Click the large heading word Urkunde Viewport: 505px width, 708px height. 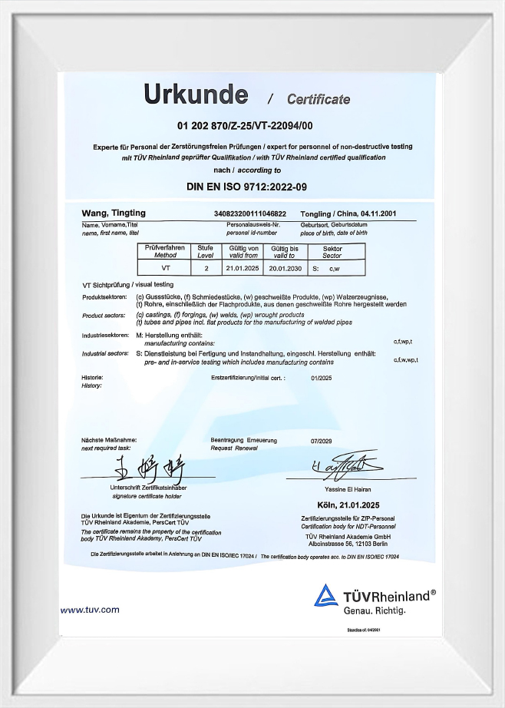[196, 94]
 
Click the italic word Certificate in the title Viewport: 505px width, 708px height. [318, 99]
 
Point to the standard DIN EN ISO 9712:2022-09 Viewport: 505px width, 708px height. [246, 186]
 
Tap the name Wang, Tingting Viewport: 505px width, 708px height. [114, 213]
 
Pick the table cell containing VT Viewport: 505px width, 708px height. [165, 268]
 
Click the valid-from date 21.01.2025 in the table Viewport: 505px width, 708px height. [243, 268]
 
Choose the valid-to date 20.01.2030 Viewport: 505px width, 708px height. [284, 268]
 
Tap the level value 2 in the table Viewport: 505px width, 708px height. [206, 268]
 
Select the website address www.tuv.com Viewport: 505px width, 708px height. [90, 610]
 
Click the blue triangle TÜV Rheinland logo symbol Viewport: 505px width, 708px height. [326, 597]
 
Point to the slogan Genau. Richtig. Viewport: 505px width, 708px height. [374, 610]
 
